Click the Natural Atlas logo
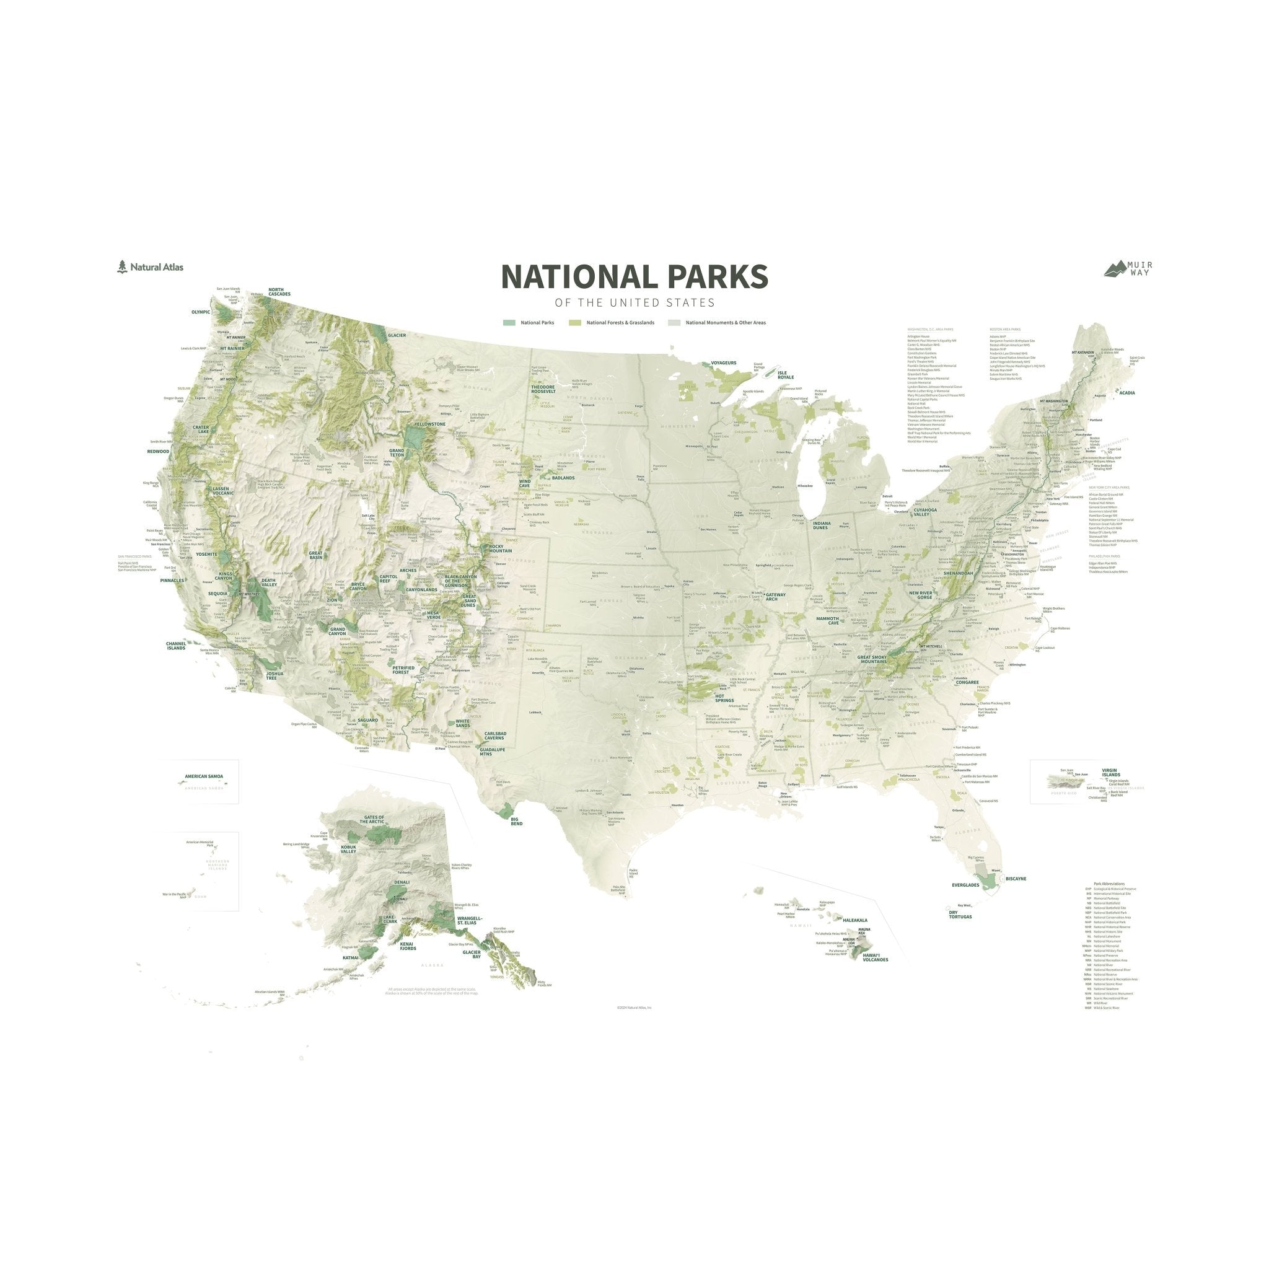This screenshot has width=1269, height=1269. click(151, 266)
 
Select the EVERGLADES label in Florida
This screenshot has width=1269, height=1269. click(965, 885)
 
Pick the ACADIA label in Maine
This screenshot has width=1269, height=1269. click(1126, 393)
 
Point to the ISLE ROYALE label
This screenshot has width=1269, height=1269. click(786, 375)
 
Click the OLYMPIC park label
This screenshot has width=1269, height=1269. click(200, 312)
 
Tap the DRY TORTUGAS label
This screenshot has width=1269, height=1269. click(960, 915)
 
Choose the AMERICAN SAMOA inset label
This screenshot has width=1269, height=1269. click(204, 776)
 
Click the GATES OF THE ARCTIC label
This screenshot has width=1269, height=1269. click(371, 820)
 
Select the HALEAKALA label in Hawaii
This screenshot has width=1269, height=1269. click(854, 920)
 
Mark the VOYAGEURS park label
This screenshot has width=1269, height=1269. click(724, 362)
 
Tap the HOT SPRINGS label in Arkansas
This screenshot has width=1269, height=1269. click(724, 698)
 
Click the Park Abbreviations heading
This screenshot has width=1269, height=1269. click(1109, 884)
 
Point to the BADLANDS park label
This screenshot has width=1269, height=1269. click(563, 478)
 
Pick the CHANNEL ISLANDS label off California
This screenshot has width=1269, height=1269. click(175, 646)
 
